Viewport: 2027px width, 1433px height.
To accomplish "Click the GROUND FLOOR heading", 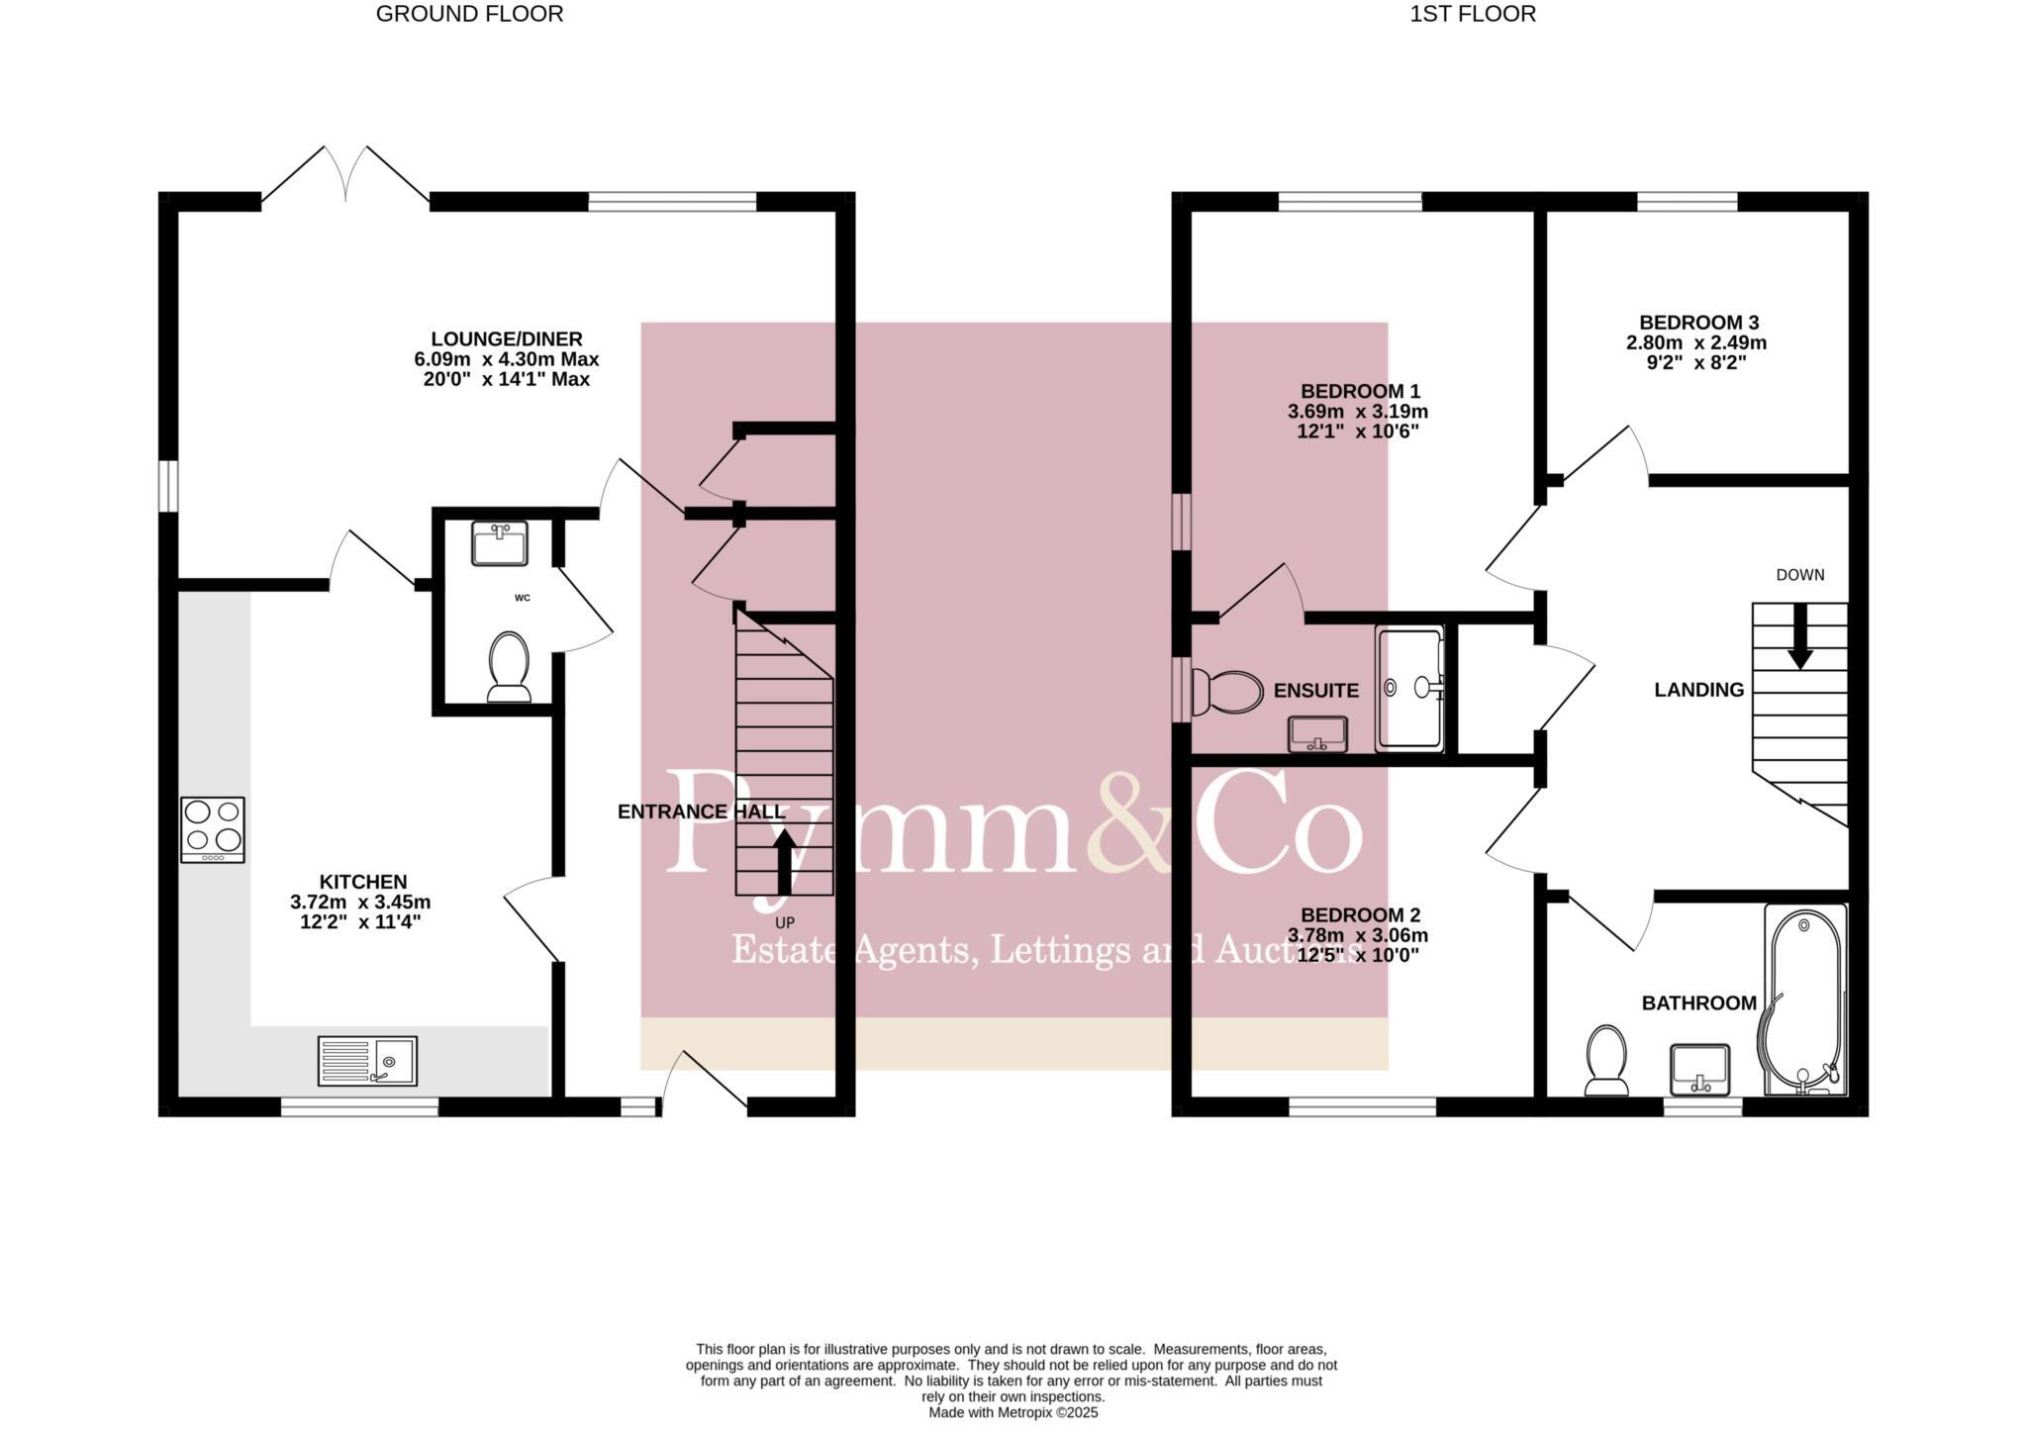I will pyautogui.click(x=469, y=14).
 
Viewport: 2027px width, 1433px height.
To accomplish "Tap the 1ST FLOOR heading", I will pyautogui.click(x=1473, y=14).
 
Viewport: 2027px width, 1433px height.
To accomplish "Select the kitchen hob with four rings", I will pyautogui.click(x=213, y=829).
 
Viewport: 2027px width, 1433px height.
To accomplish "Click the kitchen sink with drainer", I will pyautogui.click(x=367, y=1061).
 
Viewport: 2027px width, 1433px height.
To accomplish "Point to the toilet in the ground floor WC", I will pyautogui.click(x=510, y=666).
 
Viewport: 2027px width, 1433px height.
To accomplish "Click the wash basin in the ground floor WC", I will pyautogui.click(x=500, y=543).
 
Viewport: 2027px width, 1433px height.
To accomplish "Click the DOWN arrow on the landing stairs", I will pyautogui.click(x=1799, y=634).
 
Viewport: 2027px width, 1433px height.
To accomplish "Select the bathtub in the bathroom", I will pyautogui.click(x=1805, y=1002).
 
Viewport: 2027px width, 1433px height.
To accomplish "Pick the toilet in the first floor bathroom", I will pyautogui.click(x=1606, y=1061).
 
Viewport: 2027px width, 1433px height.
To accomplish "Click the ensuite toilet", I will pyautogui.click(x=1228, y=691).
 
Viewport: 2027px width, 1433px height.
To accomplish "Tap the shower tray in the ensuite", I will pyautogui.click(x=1410, y=688).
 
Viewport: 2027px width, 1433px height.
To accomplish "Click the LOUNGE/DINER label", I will pyautogui.click(x=507, y=339).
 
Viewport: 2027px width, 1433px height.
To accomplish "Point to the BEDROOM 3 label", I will pyautogui.click(x=1698, y=323).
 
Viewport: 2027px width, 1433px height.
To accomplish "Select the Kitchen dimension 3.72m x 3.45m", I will pyautogui.click(x=360, y=903).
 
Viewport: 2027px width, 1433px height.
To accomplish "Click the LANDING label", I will pyautogui.click(x=1698, y=690).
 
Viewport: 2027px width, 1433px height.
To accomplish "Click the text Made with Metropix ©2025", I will pyautogui.click(x=1013, y=1413).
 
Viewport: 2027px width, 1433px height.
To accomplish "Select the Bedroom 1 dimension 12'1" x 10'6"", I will pyautogui.click(x=1357, y=431).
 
